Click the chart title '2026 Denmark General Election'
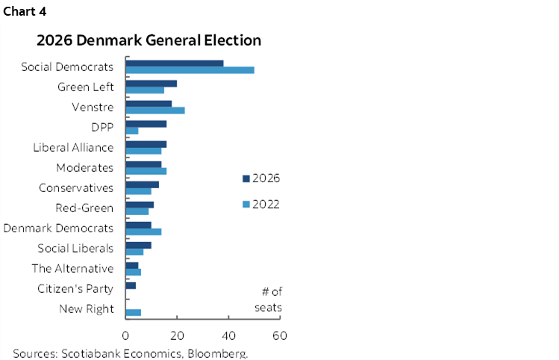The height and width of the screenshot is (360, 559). pos(150,40)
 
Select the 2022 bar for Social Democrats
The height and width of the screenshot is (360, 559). pos(190,70)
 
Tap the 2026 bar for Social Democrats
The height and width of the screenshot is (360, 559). pos(175,63)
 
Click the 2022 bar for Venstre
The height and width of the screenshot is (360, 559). pos(155,111)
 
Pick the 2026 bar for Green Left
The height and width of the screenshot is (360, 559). pos(152,83)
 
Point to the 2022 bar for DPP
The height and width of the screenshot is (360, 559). pos(132,131)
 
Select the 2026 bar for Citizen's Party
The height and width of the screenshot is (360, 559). pos(131,285)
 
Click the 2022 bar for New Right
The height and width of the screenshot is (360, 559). pos(134,312)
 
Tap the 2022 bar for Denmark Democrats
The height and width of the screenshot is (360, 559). pos(143,232)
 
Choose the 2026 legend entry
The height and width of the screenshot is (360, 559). pos(260,178)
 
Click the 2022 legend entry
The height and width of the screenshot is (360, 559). pos(260,204)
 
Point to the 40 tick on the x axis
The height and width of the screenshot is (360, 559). pos(228,335)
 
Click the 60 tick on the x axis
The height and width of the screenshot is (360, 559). pos(280,335)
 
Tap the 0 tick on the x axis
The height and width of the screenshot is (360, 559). pos(125,335)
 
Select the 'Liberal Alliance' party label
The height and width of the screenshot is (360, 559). pos(73,147)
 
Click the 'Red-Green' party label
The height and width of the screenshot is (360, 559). pos(84,208)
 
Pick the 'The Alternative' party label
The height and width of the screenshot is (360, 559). pos(72,268)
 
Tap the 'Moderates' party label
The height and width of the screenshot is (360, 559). pos(85,167)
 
